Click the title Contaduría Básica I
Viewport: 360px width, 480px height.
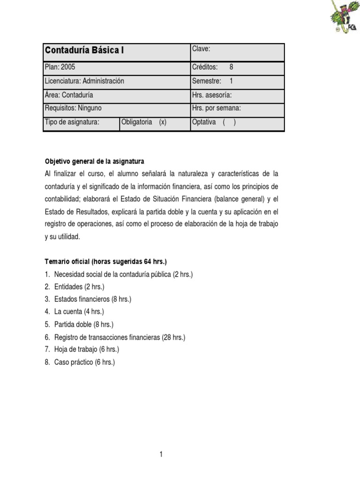coord(84,51)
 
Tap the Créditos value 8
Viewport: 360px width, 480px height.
coord(232,67)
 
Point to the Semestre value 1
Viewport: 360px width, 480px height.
coord(231,81)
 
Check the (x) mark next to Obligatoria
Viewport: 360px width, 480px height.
coord(163,122)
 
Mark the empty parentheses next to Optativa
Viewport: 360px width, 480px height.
coord(229,122)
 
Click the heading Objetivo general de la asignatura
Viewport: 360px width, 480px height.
coord(94,161)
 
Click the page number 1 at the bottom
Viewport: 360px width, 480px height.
coord(161,454)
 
